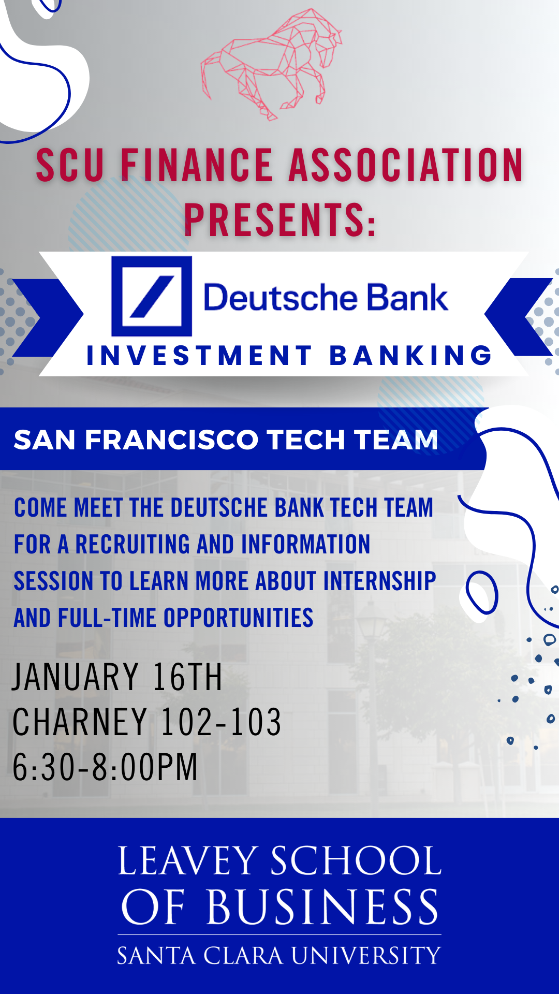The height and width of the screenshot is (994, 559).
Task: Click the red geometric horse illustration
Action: [272, 65]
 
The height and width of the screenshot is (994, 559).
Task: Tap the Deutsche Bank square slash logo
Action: [152, 296]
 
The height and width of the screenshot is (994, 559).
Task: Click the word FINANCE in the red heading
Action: [197, 166]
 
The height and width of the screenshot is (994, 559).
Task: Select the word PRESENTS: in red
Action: [280, 220]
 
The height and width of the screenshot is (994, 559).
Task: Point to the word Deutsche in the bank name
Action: [280, 298]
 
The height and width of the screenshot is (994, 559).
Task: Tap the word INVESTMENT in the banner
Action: [199, 356]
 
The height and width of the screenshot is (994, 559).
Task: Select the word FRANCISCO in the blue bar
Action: [171, 440]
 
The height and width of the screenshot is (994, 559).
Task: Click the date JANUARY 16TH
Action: [117, 677]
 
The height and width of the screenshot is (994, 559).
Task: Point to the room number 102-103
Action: [221, 722]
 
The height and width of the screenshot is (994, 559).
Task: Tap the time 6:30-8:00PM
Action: [105, 767]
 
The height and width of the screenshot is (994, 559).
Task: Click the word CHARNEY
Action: [80, 722]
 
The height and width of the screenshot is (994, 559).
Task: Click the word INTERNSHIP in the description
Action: [379, 581]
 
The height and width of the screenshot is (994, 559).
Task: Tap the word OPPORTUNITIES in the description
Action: [238, 618]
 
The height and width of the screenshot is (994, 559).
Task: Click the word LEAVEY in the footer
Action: [188, 861]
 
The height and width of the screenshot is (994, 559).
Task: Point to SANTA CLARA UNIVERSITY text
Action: [279, 956]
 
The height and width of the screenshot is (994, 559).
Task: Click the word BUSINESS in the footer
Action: [323, 908]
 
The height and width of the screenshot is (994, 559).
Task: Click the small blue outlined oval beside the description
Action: [482, 593]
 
